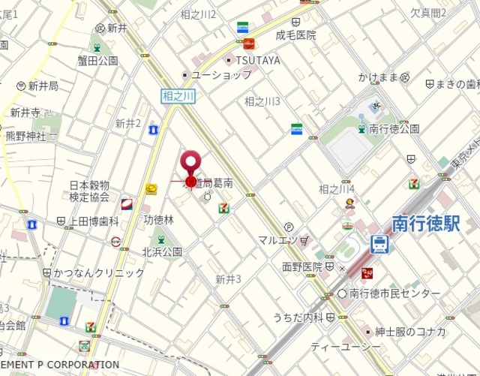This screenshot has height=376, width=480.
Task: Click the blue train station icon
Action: coord(380,244)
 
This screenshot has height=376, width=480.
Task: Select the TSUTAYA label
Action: coord(257,60)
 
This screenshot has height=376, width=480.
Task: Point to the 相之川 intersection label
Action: coord(178,95)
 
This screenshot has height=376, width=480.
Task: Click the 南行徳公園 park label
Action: coord(394,128)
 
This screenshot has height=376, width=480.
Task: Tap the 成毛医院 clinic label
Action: coord(295,35)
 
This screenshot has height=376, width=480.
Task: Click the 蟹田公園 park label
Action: coord(97,61)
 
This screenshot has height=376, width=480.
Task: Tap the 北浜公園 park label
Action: coord(162,251)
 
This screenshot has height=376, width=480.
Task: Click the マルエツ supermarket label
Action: coord(283,240)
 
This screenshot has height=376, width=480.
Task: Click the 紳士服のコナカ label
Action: coord(411,332)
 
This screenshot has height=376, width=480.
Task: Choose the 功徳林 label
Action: coord(158,220)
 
